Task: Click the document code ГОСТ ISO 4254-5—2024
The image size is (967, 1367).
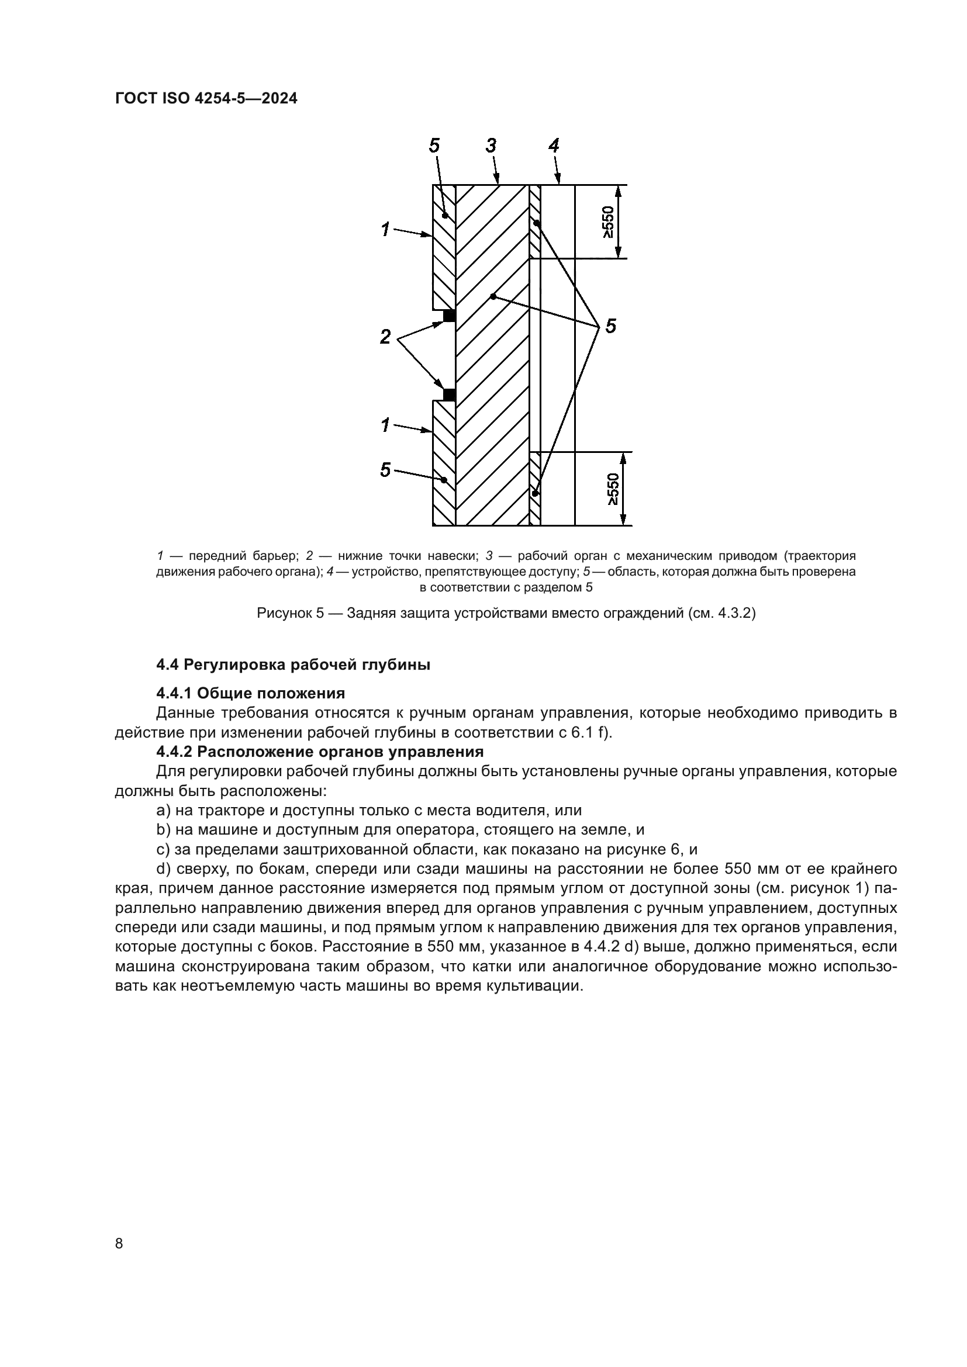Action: (x=206, y=99)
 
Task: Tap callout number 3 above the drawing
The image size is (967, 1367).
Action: (x=491, y=146)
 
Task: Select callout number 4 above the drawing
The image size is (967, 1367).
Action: (x=554, y=146)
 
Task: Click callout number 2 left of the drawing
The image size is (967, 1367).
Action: (x=385, y=337)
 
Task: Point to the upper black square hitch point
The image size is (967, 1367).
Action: (x=450, y=316)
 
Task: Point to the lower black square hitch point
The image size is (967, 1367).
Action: (x=450, y=394)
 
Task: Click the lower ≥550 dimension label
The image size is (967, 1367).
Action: (x=613, y=489)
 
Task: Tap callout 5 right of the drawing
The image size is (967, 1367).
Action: (x=610, y=326)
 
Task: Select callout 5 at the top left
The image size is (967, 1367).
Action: (x=434, y=146)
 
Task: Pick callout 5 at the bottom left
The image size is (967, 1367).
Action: (x=385, y=470)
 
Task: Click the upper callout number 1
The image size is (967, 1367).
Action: (x=385, y=229)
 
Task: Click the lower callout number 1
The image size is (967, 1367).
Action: (x=385, y=425)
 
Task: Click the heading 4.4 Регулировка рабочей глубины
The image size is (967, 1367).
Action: (x=293, y=665)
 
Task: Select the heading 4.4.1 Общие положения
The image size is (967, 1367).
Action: (x=251, y=693)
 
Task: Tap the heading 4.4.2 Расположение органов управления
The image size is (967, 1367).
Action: (x=320, y=752)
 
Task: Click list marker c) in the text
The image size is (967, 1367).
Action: (x=163, y=850)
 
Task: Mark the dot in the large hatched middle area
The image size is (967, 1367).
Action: (x=492, y=296)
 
